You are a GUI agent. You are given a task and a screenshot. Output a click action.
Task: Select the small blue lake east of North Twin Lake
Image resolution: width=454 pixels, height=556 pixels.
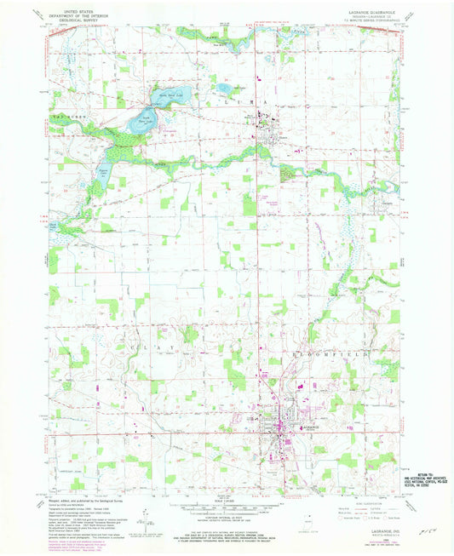223,89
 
